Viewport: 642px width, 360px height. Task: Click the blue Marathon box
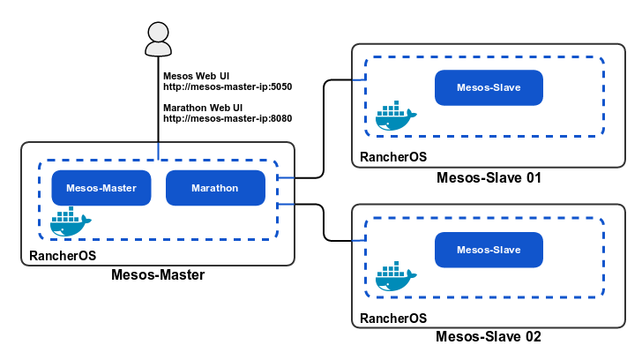(214, 187)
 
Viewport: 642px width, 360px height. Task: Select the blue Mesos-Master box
(100, 187)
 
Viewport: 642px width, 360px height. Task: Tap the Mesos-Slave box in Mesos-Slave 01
(489, 88)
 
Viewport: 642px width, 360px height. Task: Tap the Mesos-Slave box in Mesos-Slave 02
(489, 250)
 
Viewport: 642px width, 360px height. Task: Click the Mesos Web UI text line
(197, 75)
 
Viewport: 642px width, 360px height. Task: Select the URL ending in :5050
(228, 87)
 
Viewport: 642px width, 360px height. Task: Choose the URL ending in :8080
(228, 118)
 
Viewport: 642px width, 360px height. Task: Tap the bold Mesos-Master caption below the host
(158, 274)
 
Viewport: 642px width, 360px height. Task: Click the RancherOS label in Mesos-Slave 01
(392, 156)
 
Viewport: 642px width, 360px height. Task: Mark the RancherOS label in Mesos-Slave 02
(392, 317)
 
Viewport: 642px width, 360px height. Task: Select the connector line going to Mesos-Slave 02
(325, 222)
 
